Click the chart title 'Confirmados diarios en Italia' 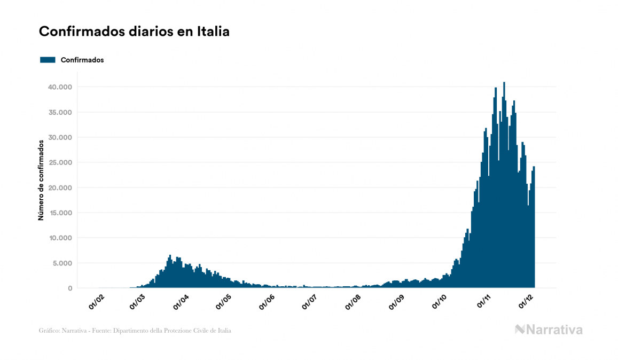click(x=134, y=32)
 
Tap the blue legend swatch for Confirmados click(x=48, y=60)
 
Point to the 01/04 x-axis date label click(x=181, y=302)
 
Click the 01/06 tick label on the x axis click(x=267, y=302)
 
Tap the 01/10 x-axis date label click(x=440, y=302)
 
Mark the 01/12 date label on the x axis click(x=526, y=302)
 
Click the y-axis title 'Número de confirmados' click(x=41, y=181)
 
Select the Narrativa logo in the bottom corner click(x=549, y=330)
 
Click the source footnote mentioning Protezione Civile click(x=135, y=331)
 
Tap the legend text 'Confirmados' click(x=82, y=60)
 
